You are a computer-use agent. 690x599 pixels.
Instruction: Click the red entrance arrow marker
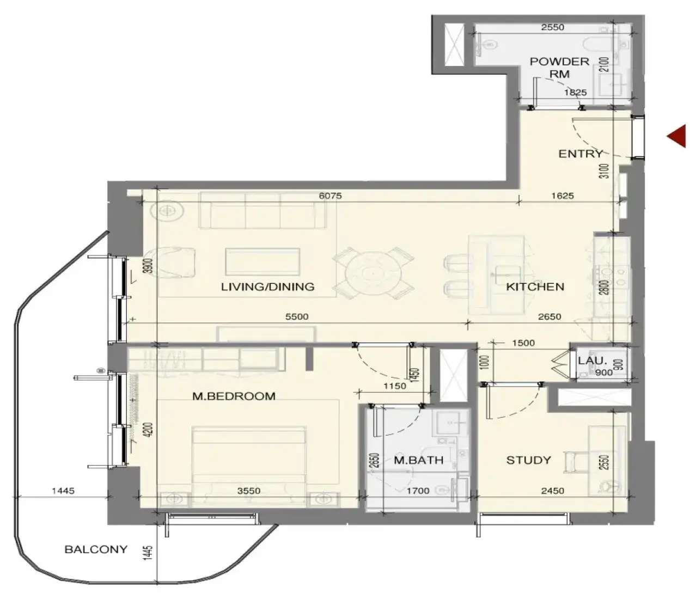click(676, 136)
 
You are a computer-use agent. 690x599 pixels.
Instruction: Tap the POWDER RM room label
click(559, 68)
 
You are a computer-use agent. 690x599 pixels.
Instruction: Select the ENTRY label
click(581, 154)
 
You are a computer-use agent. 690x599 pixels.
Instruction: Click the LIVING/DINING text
click(267, 286)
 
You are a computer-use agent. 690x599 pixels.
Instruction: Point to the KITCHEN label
click(535, 286)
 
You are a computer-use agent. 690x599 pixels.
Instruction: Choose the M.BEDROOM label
click(234, 396)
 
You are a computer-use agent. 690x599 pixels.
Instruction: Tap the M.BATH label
click(418, 460)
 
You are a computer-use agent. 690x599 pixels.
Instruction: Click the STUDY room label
click(528, 460)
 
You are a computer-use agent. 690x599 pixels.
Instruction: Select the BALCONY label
click(96, 549)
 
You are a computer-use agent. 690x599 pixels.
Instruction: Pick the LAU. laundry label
click(593, 360)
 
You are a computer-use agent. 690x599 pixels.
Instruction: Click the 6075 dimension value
click(330, 195)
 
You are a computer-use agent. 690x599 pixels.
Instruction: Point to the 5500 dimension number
click(297, 316)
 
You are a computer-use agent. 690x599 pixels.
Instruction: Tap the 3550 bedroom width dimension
click(248, 491)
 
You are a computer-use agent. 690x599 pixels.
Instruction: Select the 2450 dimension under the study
click(552, 491)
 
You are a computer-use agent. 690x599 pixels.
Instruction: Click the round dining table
click(373, 273)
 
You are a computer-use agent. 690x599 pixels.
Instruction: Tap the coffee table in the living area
click(262, 261)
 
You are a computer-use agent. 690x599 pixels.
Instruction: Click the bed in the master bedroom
click(249, 467)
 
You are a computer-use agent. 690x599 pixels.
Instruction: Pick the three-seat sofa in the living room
click(262, 210)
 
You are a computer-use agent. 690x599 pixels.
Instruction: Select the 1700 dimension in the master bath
click(418, 491)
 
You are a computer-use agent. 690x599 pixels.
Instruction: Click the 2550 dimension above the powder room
click(552, 27)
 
